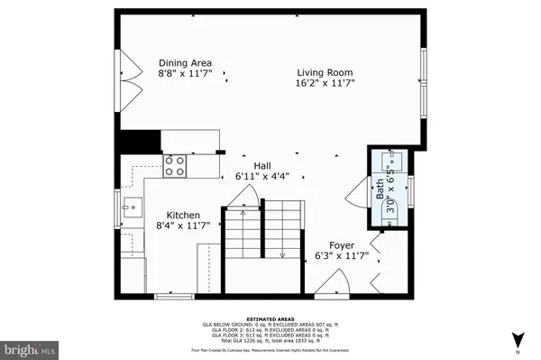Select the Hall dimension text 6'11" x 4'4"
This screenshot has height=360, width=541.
tap(262, 177)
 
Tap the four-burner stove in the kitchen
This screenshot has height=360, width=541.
tap(175, 165)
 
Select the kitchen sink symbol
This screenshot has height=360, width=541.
tap(131, 206)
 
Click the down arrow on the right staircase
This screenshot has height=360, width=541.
tap(281, 254)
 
